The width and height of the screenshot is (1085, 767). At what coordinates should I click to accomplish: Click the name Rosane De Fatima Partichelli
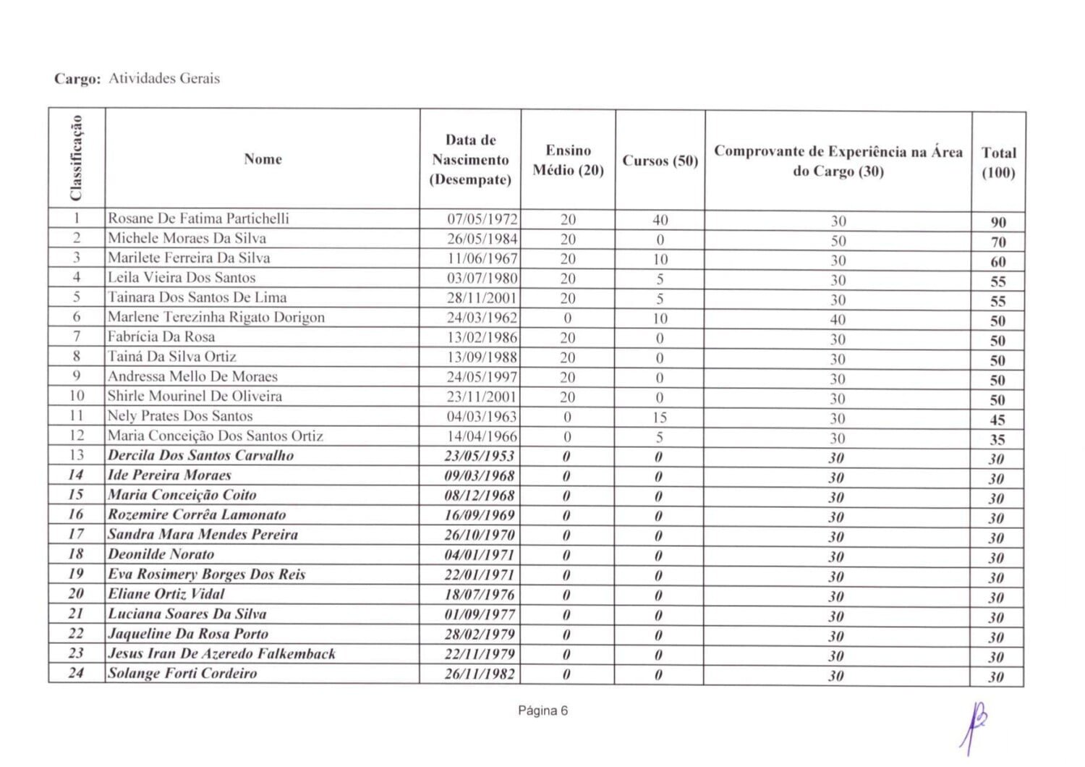198,219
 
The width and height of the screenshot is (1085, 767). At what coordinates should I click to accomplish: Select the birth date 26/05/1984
482,239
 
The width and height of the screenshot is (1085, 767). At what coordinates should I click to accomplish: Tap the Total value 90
998,222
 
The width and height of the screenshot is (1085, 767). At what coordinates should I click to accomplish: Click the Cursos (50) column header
660,161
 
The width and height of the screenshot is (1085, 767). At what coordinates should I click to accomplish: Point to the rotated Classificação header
77,158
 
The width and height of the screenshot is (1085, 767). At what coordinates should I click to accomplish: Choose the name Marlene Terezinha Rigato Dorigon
216,317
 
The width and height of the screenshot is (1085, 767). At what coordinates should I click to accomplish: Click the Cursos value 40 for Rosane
660,220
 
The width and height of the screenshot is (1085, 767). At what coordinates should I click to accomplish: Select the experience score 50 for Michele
838,241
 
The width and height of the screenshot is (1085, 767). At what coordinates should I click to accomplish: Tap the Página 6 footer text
542,711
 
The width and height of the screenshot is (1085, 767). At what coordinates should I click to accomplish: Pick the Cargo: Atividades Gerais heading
137,79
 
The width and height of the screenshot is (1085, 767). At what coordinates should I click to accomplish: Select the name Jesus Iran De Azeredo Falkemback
221,654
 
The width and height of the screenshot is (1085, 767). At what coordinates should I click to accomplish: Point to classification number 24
76,673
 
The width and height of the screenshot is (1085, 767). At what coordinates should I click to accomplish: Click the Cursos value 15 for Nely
659,418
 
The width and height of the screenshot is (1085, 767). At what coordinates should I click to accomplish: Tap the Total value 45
997,420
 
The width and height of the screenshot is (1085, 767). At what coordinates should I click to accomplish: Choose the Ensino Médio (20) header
568,160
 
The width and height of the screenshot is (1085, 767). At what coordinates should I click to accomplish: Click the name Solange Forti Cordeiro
182,674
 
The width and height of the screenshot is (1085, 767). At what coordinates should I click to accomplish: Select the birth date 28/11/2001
482,298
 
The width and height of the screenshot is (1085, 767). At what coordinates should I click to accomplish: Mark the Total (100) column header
998,163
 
